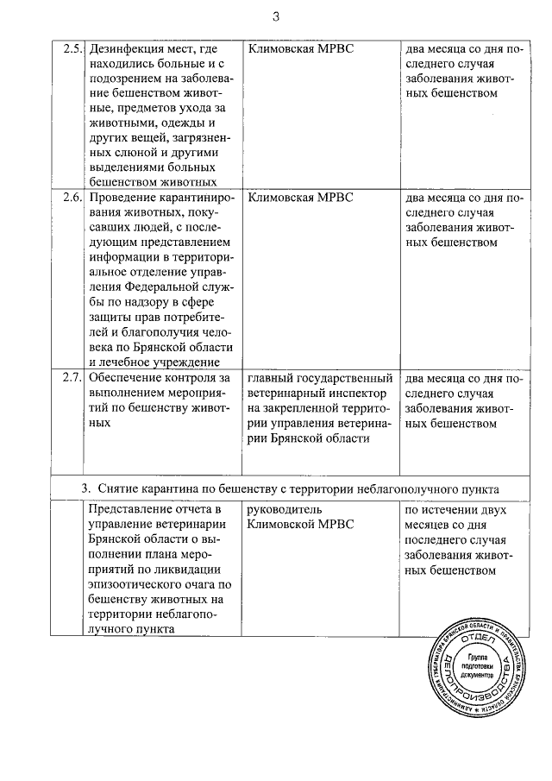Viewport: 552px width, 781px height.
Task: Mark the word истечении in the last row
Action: [x=449, y=510]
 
